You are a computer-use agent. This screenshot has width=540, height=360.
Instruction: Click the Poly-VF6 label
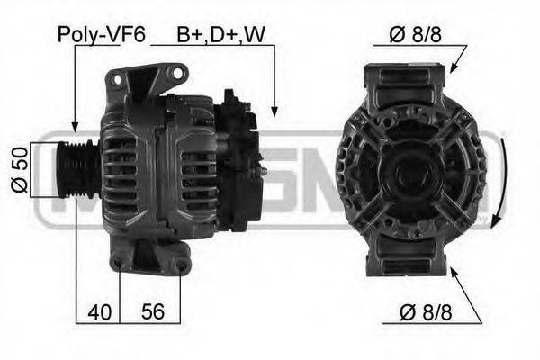(101, 35)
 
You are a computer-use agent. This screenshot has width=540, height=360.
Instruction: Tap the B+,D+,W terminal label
(220, 34)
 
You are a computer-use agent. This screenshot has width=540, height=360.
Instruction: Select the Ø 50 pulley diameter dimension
(19, 169)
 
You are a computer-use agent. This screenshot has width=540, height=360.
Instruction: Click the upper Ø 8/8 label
(415, 34)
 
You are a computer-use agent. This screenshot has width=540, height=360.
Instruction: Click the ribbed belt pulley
(77, 169)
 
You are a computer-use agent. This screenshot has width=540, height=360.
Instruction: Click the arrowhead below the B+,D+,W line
(274, 111)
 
